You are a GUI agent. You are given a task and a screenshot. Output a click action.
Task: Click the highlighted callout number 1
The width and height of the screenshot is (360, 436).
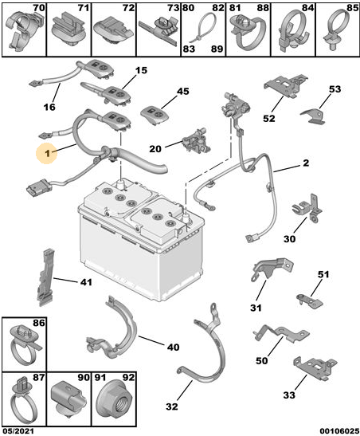[x=48, y=153]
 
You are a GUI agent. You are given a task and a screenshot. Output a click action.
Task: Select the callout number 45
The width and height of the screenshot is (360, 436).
[x=182, y=91]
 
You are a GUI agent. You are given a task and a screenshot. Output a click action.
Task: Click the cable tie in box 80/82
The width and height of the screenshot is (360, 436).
[x=203, y=27]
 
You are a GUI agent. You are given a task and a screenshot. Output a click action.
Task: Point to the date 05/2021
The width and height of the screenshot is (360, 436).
[x=18, y=431]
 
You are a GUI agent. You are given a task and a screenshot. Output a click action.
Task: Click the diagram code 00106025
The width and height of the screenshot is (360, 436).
[x=338, y=431]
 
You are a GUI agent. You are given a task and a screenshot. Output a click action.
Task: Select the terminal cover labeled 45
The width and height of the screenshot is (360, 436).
[x=155, y=115]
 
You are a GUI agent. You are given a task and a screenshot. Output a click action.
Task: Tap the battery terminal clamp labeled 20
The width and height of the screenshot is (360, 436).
[x=196, y=142]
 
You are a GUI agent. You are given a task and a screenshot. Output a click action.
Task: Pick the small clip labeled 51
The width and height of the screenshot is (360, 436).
[x=309, y=301]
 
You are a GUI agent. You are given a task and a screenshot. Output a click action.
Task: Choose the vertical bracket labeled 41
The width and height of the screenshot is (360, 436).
[x=45, y=277]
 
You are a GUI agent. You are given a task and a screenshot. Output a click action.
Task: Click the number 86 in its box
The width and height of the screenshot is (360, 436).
[x=38, y=323]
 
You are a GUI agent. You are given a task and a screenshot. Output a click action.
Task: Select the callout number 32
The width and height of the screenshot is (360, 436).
[x=172, y=407]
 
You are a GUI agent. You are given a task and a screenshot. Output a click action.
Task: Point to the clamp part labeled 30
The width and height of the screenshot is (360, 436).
[x=307, y=208]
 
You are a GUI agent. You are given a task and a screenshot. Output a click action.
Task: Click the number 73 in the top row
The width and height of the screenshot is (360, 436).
[x=174, y=8]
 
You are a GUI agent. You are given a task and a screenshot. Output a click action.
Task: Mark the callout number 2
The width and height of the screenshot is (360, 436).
[x=306, y=163]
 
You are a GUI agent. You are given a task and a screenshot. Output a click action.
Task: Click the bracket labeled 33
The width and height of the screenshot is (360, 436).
[x=315, y=368]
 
